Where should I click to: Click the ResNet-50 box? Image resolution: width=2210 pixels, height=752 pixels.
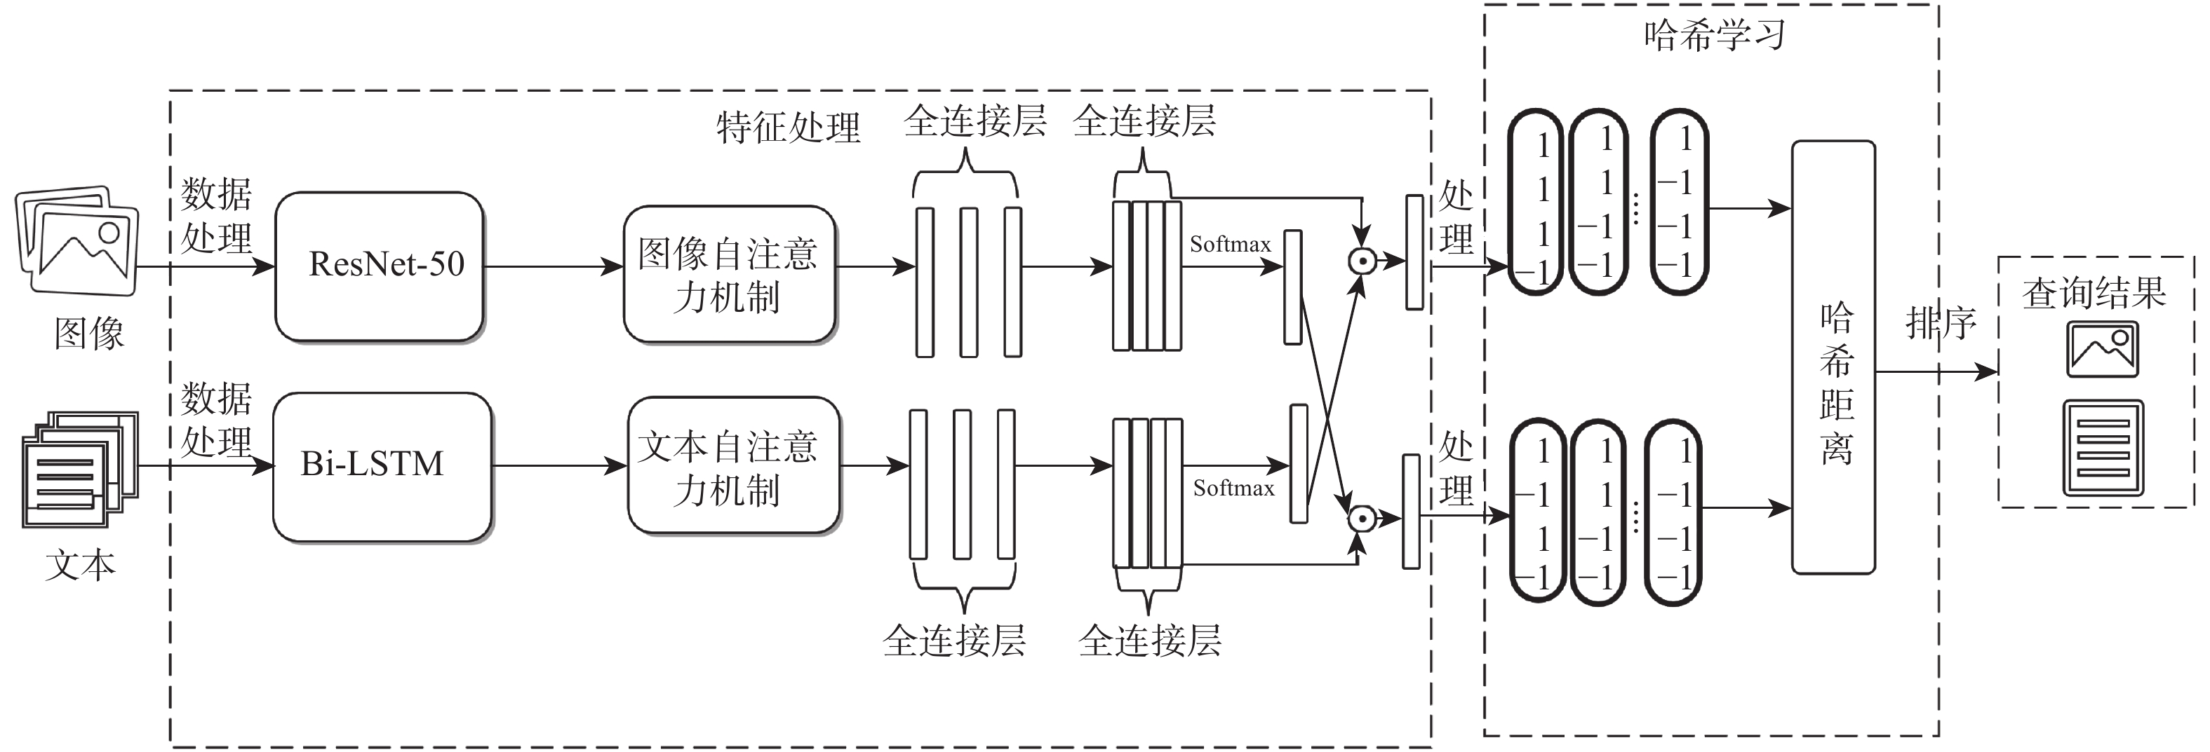pos(379,266)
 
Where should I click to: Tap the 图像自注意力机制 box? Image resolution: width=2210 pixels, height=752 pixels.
pos(728,273)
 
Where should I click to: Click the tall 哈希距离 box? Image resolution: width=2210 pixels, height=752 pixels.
pos(1833,357)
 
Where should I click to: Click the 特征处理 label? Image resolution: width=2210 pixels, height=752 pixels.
pos(788,128)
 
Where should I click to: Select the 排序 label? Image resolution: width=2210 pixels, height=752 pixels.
pos(1941,324)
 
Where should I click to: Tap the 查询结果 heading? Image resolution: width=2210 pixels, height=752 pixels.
pos(2094,293)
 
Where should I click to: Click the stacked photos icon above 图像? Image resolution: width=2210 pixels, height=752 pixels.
pos(77,240)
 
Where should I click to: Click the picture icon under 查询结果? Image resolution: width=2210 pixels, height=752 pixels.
pos(2102,349)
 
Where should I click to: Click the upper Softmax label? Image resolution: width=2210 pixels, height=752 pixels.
pos(1229,245)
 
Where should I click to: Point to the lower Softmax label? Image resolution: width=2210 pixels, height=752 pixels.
pos(1233,488)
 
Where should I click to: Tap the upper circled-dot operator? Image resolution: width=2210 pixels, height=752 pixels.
pos(1362,261)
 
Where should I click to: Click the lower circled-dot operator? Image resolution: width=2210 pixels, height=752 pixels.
pos(1360,519)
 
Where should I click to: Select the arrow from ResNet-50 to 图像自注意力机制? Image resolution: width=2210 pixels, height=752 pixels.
pos(554,267)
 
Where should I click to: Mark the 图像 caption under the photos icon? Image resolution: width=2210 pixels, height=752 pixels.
pos(89,334)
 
